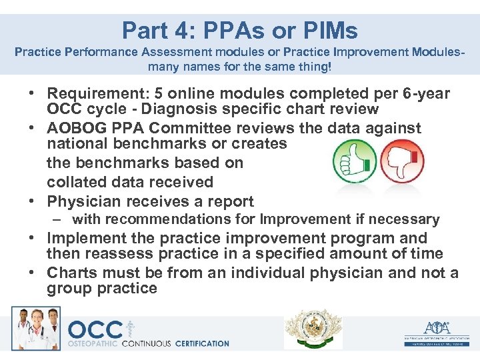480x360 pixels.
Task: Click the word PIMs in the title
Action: pos(329,30)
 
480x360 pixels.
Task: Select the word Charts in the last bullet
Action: pos(71,273)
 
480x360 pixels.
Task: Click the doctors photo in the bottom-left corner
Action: pos(35,327)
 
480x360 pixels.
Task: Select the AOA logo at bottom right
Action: pos(437,330)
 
